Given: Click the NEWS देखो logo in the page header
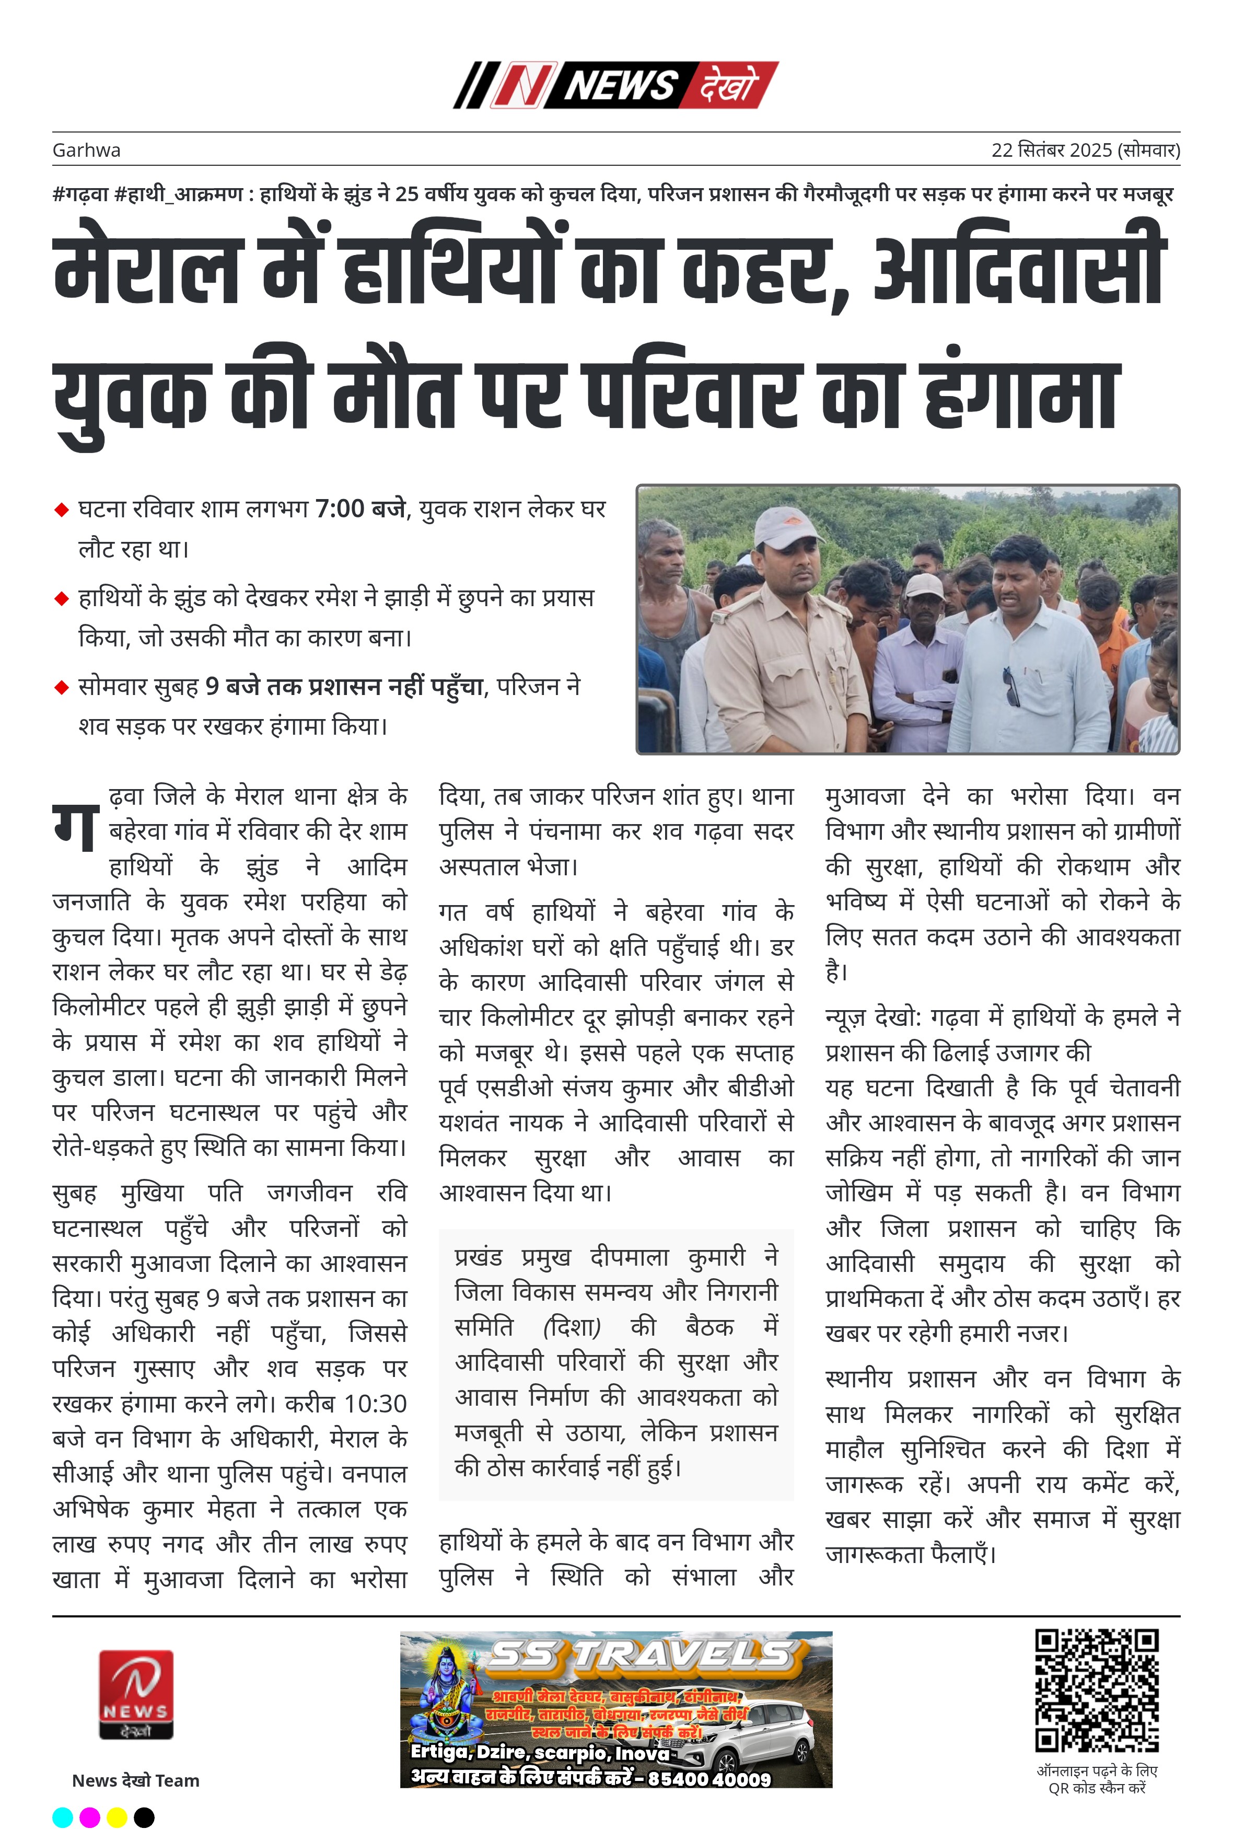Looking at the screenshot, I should point(615,85).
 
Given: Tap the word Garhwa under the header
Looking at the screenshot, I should point(87,150).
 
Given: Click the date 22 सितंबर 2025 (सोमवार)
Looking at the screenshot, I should point(1085,150).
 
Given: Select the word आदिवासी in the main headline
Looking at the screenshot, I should point(1018,268).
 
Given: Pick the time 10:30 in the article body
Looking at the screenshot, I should point(375,1404).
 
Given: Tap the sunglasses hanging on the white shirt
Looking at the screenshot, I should point(1011,686).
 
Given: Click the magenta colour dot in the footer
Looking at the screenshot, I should point(90,1817).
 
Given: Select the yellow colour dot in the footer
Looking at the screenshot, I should point(117,1817).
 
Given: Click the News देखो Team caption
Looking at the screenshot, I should point(135,1780).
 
